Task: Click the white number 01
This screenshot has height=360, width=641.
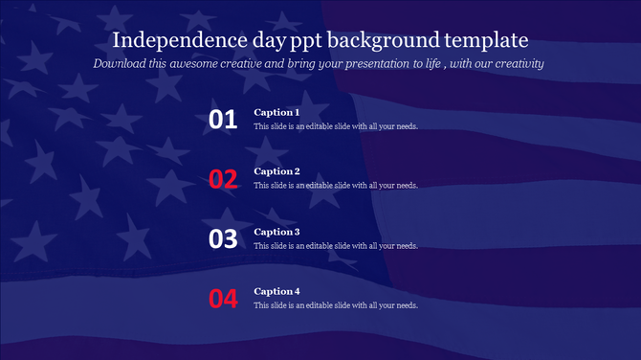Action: point(223,120)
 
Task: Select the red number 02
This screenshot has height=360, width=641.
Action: point(223,179)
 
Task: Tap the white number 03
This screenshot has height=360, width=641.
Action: point(223,239)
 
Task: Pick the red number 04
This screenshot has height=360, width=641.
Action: point(223,299)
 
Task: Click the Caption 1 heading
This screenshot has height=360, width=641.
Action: point(276,112)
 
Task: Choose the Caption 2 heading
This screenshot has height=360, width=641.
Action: point(276,171)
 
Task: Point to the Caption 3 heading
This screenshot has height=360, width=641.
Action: point(276,232)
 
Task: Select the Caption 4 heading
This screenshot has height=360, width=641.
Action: point(276,291)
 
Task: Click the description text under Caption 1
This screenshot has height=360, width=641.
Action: point(335,126)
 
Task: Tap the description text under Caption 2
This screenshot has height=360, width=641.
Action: point(335,186)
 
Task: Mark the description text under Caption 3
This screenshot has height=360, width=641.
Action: point(335,246)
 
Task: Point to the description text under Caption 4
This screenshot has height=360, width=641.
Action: point(335,305)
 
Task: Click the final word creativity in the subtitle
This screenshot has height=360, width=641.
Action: point(515,63)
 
